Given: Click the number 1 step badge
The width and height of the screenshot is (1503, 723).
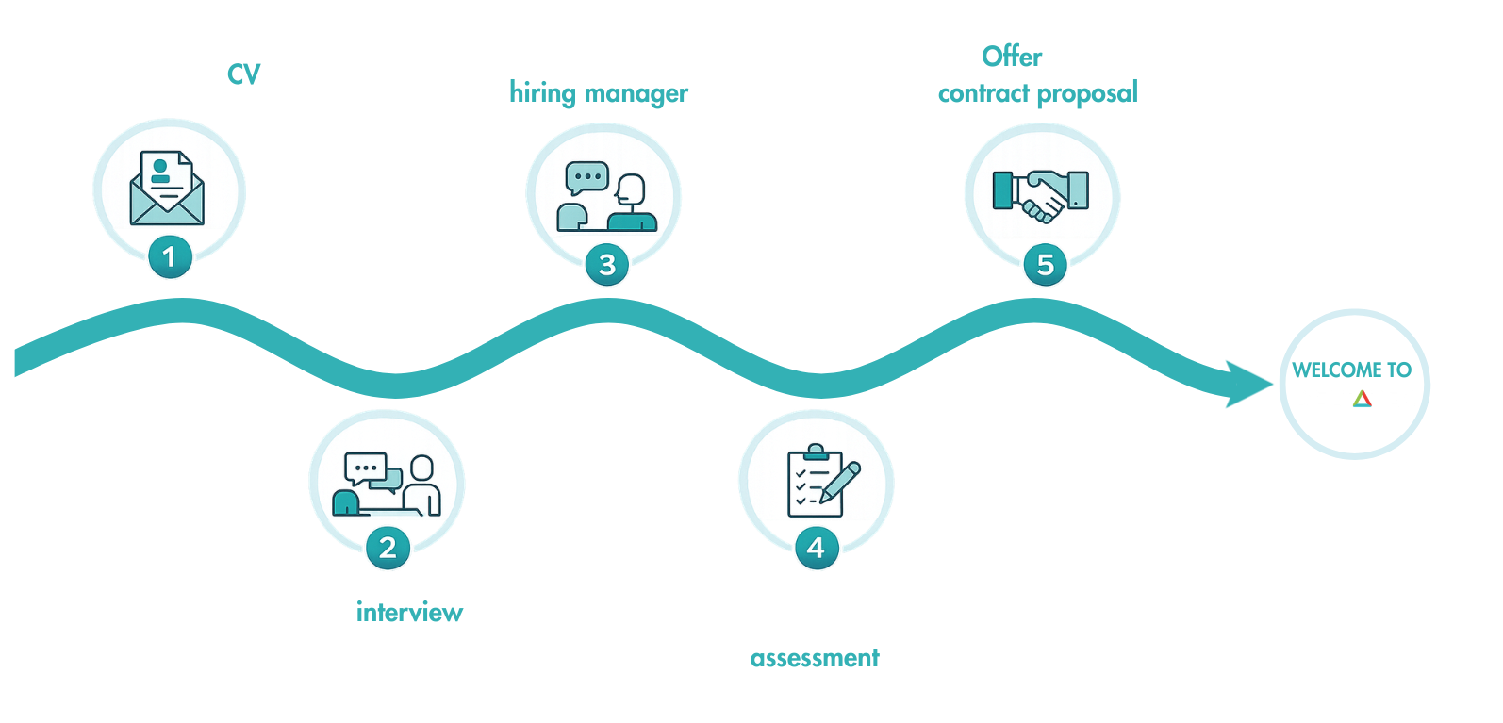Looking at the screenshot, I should click(170, 256).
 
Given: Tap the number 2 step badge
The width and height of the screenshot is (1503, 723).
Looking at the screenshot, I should click(387, 548).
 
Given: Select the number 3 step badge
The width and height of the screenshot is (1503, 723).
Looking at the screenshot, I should click(606, 265).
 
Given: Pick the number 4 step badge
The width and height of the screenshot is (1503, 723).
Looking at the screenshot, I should click(816, 548).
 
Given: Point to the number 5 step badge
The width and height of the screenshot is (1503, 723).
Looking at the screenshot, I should click(1045, 265).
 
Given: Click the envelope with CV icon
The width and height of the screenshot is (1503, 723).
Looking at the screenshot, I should click(167, 189).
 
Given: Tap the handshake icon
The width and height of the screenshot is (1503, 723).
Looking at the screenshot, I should click(1041, 194).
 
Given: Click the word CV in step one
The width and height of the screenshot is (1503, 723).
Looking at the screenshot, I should click(243, 74).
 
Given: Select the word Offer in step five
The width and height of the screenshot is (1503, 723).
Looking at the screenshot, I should click(1012, 57).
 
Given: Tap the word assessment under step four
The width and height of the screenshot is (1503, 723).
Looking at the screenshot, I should click(815, 658).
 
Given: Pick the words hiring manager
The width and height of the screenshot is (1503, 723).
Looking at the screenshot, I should click(599, 93).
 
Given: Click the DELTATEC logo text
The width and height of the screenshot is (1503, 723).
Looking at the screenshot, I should click(1356, 399).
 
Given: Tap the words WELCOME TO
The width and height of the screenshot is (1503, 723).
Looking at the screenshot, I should click(1351, 370).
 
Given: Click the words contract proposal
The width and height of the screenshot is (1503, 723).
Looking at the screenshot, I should click(1037, 93).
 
